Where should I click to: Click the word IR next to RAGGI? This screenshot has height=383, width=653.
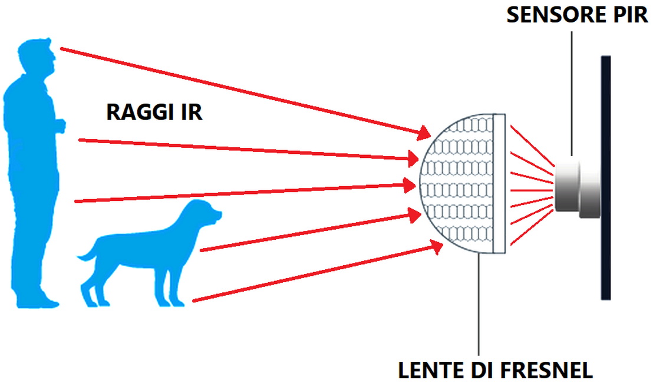(190, 112)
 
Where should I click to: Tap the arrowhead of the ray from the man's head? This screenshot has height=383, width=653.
(426, 135)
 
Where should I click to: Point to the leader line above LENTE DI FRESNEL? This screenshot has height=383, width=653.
(480, 306)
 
